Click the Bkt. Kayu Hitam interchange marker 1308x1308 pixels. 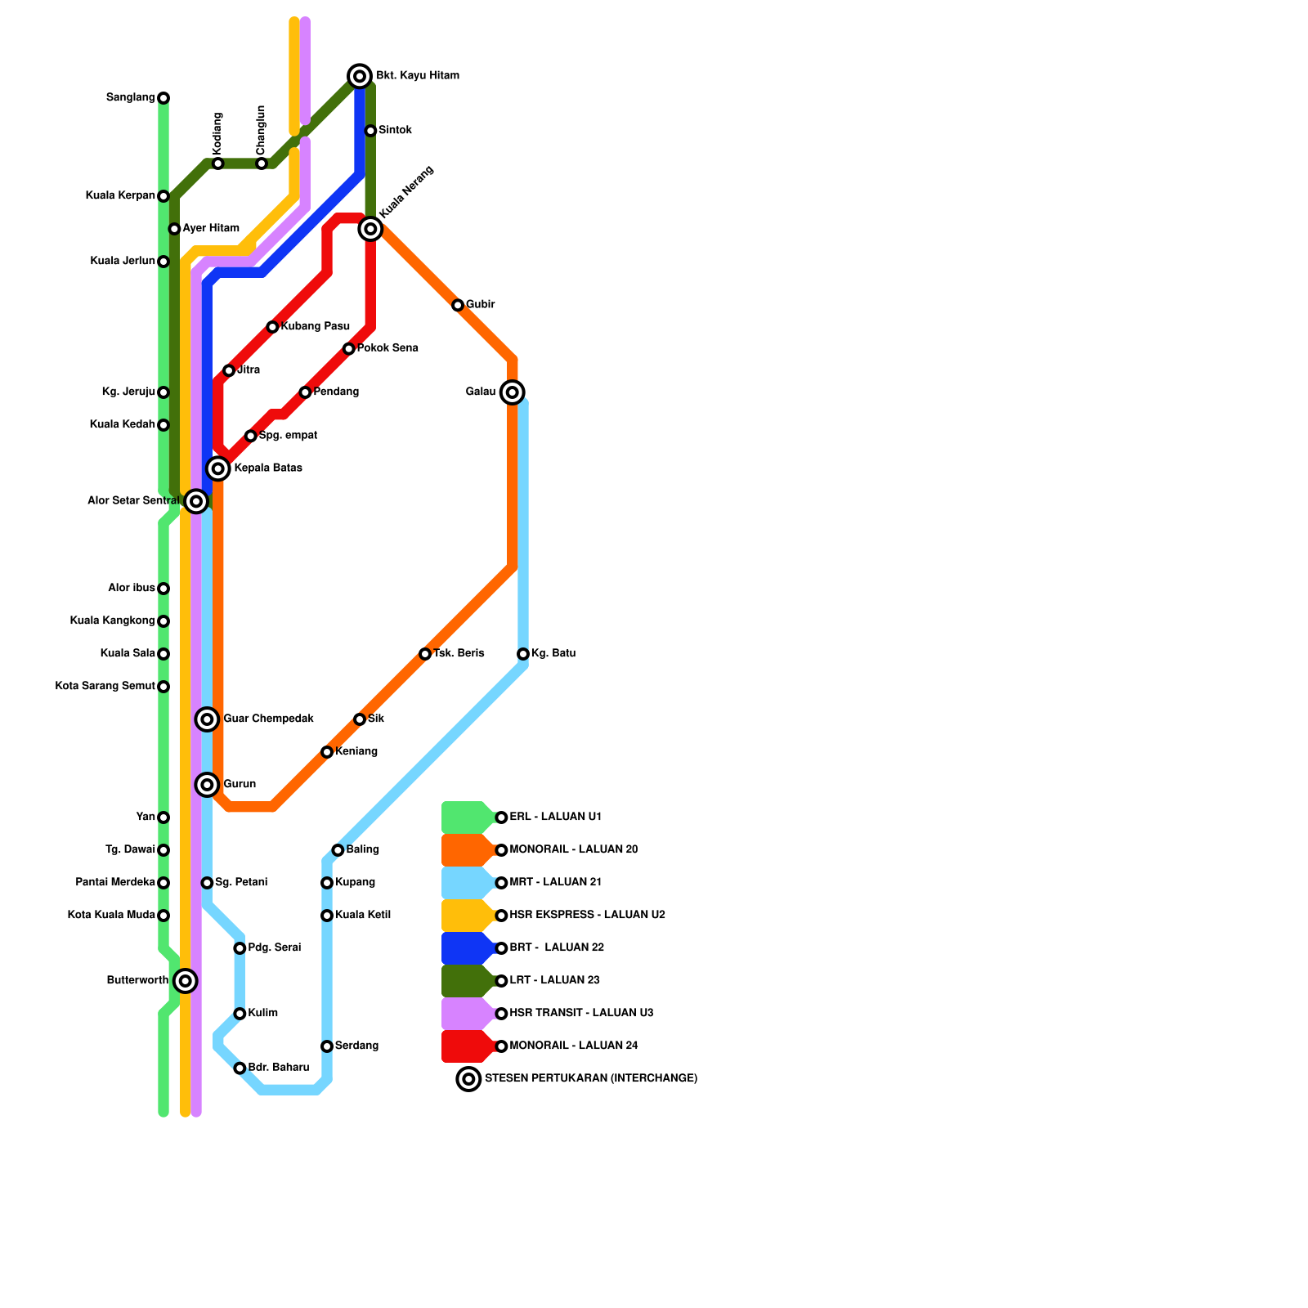(x=360, y=76)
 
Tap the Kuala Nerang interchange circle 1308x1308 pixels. (x=370, y=229)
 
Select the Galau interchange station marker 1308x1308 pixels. (x=513, y=392)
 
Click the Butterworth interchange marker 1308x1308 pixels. (x=186, y=980)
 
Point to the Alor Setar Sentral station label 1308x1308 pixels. (x=132, y=501)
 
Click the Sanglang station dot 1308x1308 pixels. (x=163, y=98)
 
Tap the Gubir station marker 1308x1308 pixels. (x=458, y=305)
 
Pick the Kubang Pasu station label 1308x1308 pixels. (x=315, y=327)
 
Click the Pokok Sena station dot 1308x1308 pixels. (x=349, y=349)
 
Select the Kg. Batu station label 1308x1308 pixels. (x=553, y=654)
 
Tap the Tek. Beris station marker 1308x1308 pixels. (x=425, y=654)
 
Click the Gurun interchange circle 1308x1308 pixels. (x=208, y=785)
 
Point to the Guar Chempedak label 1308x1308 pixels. (x=268, y=719)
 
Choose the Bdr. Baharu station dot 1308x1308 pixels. (x=240, y=1068)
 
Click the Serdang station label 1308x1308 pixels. (x=356, y=1046)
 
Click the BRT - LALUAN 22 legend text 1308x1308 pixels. (x=556, y=948)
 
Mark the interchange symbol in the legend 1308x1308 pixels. (x=468, y=1079)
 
